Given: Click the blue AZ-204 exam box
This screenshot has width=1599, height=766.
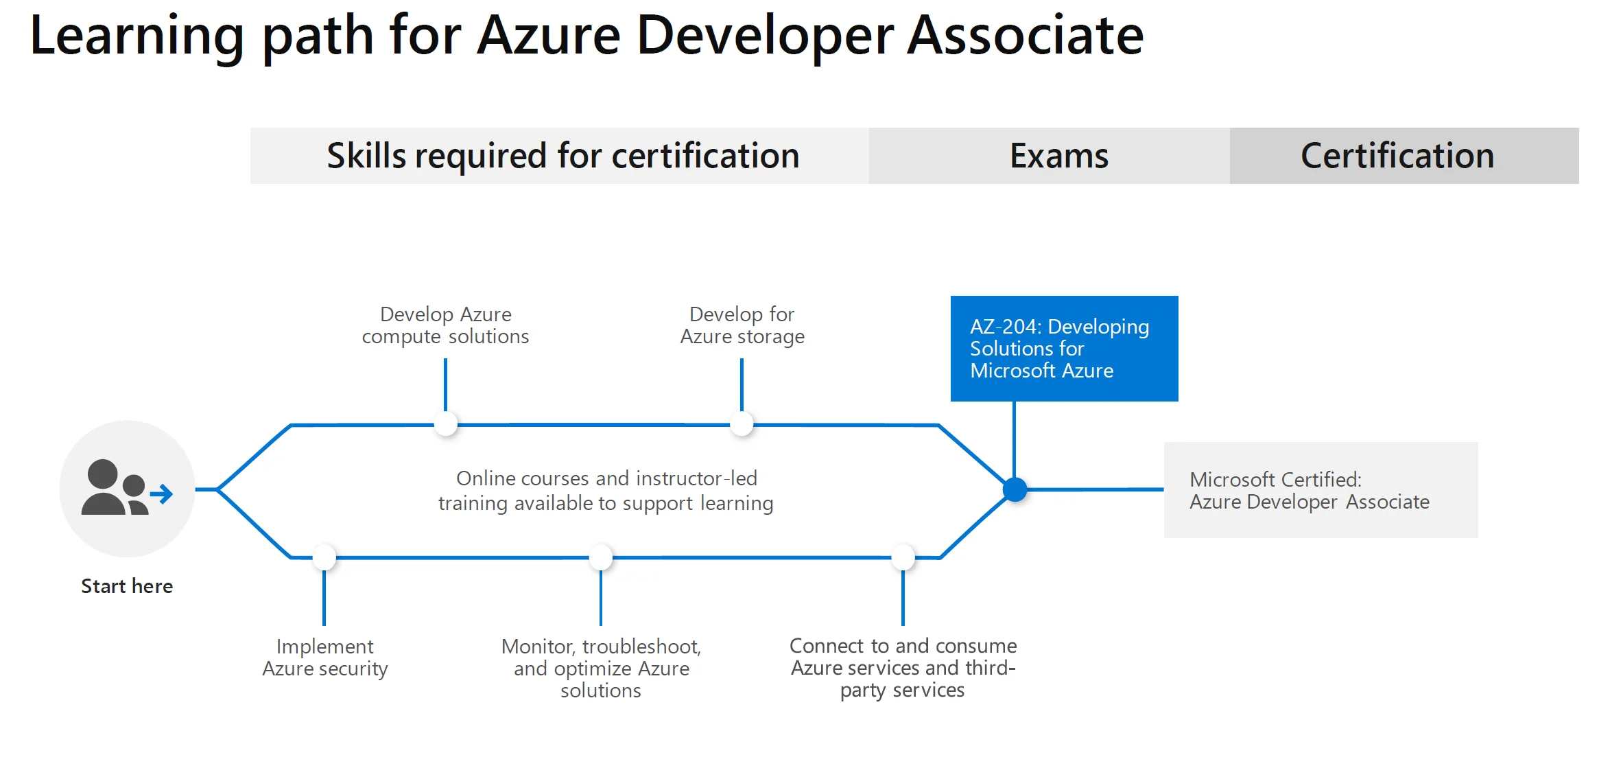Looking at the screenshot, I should [1064, 348].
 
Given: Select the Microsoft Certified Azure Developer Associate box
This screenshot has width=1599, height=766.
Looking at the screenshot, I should [1320, 490].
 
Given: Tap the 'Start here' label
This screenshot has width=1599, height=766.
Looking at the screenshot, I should [127, 586].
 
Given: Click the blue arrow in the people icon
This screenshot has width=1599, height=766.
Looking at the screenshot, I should [163, 494].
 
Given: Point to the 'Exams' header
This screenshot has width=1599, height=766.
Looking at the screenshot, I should [1058, 156].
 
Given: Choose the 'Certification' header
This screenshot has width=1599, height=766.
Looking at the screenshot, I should [1397, 156].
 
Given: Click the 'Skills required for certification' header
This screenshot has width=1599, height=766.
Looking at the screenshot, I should [562, 156].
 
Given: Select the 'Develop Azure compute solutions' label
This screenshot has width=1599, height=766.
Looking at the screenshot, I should [446, 325].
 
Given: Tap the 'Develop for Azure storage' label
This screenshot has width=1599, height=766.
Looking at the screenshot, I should [742, 325].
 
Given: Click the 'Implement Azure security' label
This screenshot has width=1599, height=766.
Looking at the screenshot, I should [325, 658].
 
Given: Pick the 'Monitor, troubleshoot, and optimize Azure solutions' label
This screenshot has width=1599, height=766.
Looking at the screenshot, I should [601, 668].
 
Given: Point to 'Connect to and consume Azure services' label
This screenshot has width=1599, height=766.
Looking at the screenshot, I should [903, 667].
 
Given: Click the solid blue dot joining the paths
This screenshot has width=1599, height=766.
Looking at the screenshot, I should [1015, 490].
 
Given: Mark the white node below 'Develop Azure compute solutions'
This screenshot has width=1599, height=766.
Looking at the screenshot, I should [446, 424].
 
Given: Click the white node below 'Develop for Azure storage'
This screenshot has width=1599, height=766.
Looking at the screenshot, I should [742, 424].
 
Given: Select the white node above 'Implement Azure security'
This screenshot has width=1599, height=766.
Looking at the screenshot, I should [324, 557].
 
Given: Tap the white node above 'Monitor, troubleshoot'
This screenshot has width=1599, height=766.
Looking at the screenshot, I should [601, 557].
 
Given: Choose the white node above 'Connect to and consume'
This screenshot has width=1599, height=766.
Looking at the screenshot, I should [903, 557].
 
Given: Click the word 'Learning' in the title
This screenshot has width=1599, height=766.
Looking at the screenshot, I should [137, 36].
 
